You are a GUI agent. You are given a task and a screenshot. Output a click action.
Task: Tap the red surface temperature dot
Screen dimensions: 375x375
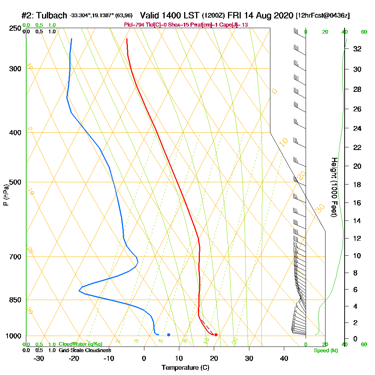coord(216,334)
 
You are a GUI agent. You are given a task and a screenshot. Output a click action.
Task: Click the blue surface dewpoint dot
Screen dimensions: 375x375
coord(169,334)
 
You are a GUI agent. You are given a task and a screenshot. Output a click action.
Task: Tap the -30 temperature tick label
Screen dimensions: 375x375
coord(39,358)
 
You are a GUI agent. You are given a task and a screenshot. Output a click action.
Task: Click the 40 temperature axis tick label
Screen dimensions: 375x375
coord(284,358)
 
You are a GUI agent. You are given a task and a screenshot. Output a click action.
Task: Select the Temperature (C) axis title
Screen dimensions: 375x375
coord(185,368)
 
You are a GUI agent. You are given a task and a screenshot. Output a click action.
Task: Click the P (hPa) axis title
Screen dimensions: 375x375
coord(6,195)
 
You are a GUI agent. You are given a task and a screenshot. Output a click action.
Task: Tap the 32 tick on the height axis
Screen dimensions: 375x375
coord(358,49)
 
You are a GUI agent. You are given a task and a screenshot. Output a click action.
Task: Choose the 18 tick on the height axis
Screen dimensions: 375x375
coord(358,184)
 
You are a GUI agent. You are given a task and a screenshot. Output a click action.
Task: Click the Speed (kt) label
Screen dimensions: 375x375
coord(326,351)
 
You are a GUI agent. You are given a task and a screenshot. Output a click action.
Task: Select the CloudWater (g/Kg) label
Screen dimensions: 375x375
coord(80,344)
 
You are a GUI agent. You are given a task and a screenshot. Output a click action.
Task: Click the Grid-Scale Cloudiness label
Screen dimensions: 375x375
coord(84,350)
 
